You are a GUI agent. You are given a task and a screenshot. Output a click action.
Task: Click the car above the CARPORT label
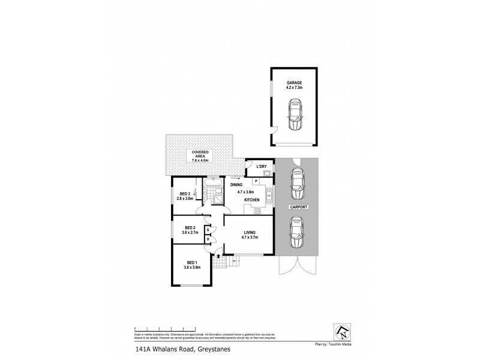(x=298, y=184)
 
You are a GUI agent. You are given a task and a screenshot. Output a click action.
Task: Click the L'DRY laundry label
(x=262, y=166)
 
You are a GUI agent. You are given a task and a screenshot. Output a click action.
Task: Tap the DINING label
(x=237, y=185)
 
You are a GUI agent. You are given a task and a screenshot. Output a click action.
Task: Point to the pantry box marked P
(x=256, y=181)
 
